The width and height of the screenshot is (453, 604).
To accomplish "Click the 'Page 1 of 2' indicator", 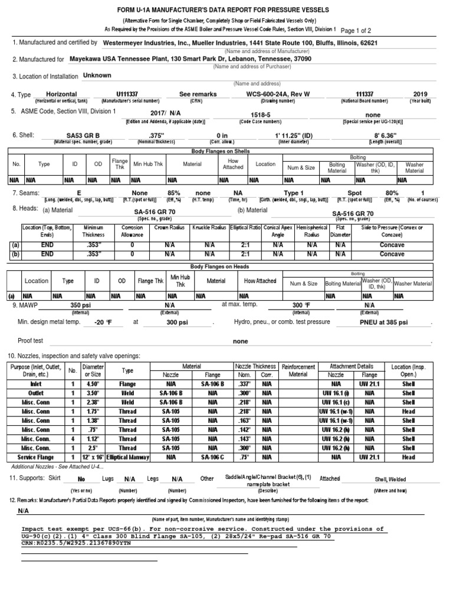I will click(x=365, y=30).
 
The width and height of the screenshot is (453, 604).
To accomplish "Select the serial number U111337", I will click(x=130, y=94).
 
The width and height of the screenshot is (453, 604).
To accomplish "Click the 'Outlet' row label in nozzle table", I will click(x=40, y=392).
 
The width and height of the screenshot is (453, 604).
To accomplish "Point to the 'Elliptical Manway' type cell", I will click(x=128, y=458).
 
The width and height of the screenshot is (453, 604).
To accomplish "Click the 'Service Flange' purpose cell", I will click(x=40, y=458).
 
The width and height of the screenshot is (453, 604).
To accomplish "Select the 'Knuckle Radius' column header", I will click(x=209, y=228).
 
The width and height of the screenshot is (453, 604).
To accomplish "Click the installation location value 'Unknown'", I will click(x=97, y=76).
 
